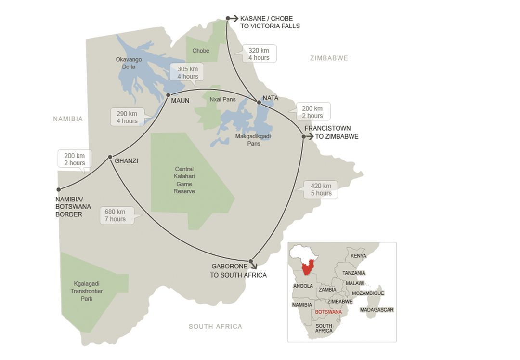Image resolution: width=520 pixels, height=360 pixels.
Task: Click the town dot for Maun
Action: (x=168, y=95)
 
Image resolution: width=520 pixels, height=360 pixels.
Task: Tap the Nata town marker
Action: (x=259, y=102)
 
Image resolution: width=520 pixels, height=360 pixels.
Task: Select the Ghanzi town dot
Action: (x=110, y=157)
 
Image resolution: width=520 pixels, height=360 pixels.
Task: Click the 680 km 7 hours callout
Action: (x=115, y=215)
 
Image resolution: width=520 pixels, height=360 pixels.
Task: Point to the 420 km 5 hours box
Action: (x=321, y=189)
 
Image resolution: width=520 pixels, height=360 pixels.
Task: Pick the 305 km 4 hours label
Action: (x=187, y=72)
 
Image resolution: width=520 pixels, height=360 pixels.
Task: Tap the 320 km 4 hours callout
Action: (x=259, y=54)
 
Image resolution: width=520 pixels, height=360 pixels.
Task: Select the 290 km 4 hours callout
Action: (x=127, y=117)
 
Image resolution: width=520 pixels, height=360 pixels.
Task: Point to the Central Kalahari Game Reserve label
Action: (x=184, y=180)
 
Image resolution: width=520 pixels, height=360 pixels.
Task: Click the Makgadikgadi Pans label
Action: (x=253, y=140)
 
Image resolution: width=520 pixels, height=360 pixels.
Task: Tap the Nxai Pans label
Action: (x=222, y=100)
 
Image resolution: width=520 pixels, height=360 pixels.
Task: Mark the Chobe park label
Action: (x=201, y=51)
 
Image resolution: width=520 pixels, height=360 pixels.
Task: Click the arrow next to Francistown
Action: (x=310, y=137)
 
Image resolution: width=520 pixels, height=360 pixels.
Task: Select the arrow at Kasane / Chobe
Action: (x=234, y=19)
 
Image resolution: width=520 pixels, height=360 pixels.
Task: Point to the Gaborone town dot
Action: (x=251, y=262)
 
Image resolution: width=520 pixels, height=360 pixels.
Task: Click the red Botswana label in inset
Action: (x=328, y=312)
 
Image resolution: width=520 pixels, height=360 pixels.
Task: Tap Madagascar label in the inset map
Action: (x=377, y=310)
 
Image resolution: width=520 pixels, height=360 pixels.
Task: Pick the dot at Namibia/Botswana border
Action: (x=59, y=189)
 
